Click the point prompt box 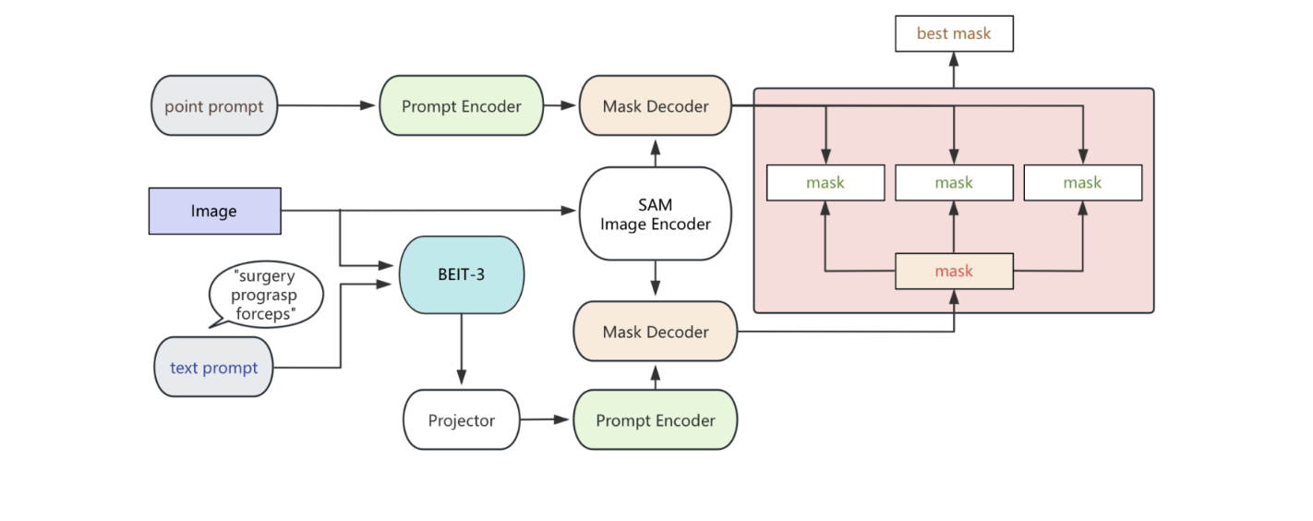(x=213, y=106)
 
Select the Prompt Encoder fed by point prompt (x=461, y=106)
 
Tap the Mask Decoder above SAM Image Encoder (x=656, y=106)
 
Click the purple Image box (x=214, y=211)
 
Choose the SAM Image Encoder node (x=656, y=212)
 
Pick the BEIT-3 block (x=461, y=274)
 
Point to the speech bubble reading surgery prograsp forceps (x=266, y=295)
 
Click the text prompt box (x=213, y=368)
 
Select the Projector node (x=461, y=420)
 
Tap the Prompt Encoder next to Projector (x=656, y=420)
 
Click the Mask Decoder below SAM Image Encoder (x=656, y=332)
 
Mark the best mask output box (x=954, y=33)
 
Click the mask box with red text (x=954, y=271)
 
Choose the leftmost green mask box (x=825, y=183)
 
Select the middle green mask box (x=954, y=183)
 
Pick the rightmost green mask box (x=1082, y=183)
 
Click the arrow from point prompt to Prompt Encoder (x=328, y=105)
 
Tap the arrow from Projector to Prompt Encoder (x=546, y=419)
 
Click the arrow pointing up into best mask (x=954, y=69)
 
